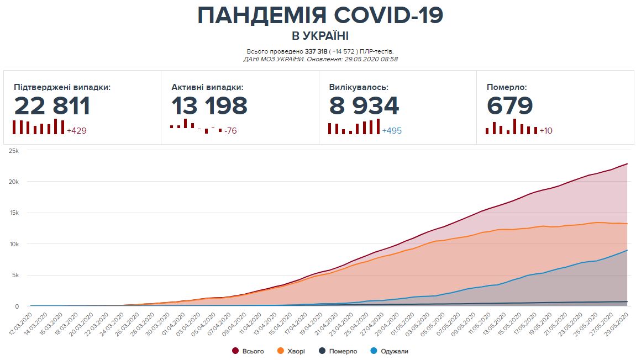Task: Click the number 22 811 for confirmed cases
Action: tap(52, 106)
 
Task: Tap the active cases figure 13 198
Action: tap(209, 106)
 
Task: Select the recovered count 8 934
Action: tap(364, 106)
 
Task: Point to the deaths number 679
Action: tap(510, 106)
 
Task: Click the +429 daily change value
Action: tap(76, 131)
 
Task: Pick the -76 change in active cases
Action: tap(230, 131)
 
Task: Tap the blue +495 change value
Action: tap(392, 131)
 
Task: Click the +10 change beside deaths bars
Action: tap(546, 131)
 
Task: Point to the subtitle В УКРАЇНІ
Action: tap(320, 36)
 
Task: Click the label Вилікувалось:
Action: tap(359, 87)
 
